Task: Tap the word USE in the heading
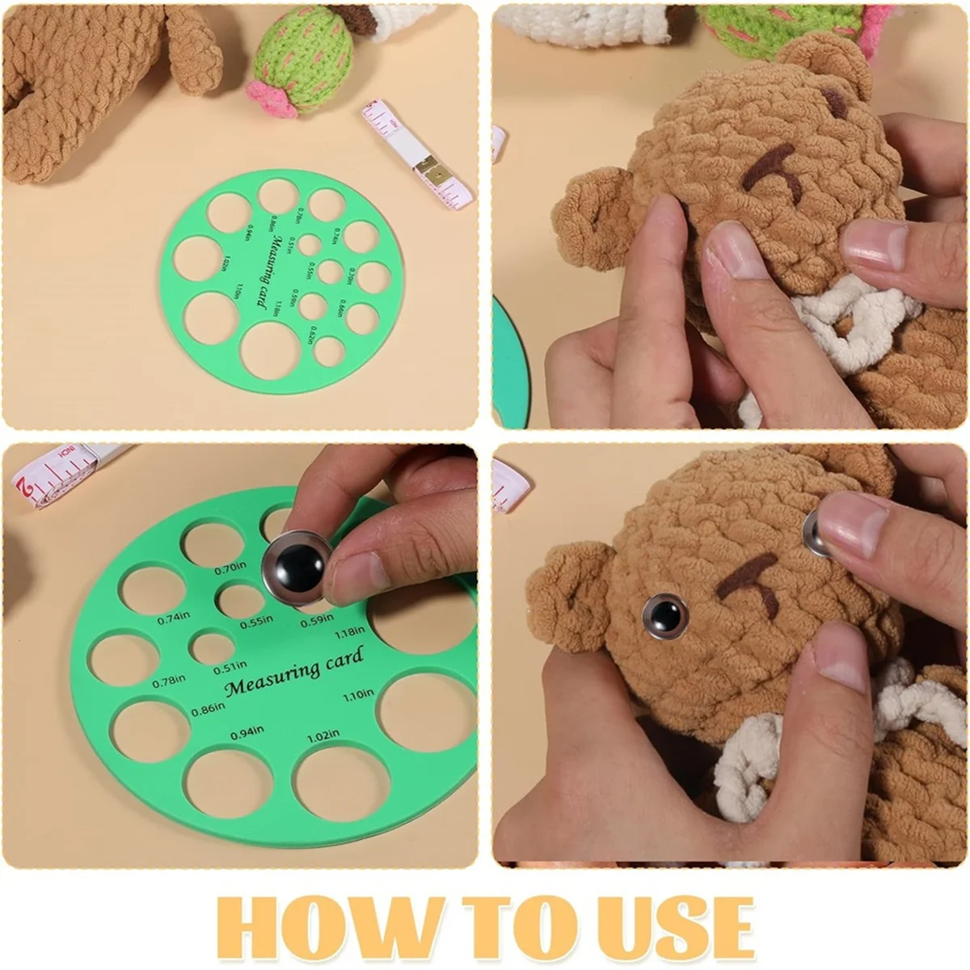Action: (x=670, y=926)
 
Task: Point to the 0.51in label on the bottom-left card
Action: (x=230, y=668)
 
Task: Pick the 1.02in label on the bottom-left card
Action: (x=323, y=737)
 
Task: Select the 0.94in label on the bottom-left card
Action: (x=247, y=732)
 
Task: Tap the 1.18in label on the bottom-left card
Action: (x=349, y=633)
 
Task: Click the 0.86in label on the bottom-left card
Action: (x=208, y=710)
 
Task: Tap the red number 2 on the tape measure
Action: (x=27, y=487)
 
